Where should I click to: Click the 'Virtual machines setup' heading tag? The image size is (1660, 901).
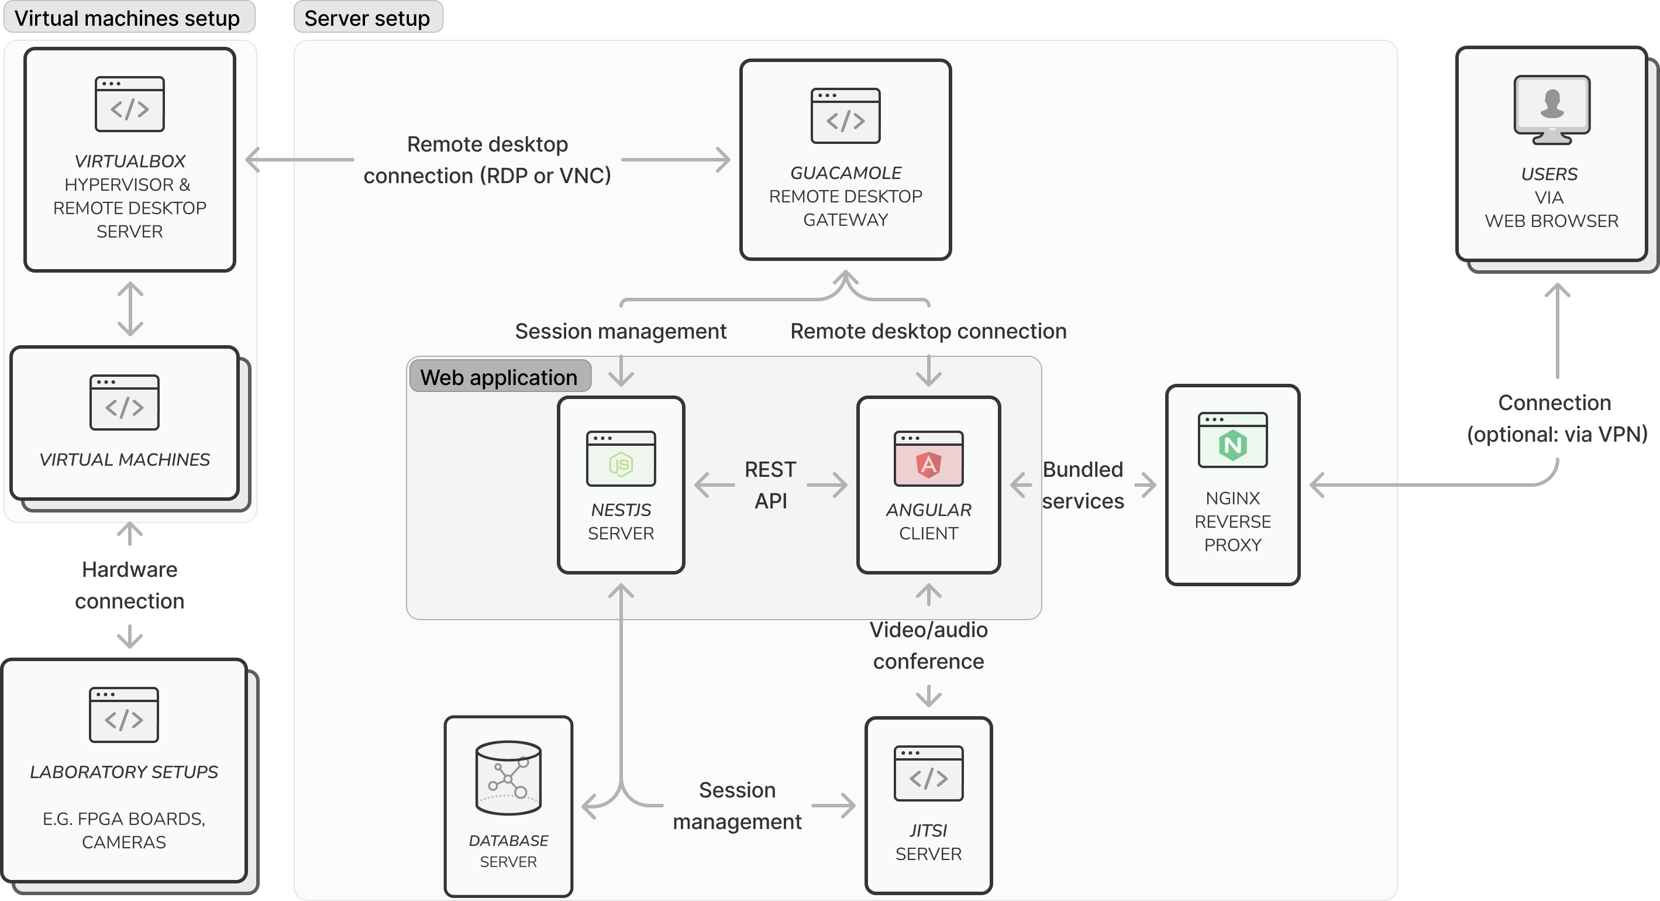click(128, 18)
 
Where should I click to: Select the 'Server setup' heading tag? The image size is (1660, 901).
click(367, 18)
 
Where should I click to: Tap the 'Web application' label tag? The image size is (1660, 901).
click(499, 376)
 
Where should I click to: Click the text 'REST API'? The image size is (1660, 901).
click(770, 484)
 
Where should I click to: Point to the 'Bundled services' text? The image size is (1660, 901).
click(1083, 484)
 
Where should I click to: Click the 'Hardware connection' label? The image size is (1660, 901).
click(129, 584)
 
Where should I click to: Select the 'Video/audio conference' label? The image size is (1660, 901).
click(928, 645)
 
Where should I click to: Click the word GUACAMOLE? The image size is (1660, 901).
click(845, 173)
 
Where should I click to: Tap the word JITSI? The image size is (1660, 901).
click(928, 830)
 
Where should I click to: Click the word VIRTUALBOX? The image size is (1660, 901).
click(129, 161)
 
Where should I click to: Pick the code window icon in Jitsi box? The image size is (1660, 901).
click(928, 773)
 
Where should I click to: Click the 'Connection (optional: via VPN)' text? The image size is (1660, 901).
click(1556, 418)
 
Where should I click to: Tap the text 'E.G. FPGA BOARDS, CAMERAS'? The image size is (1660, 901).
click(124, 830)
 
